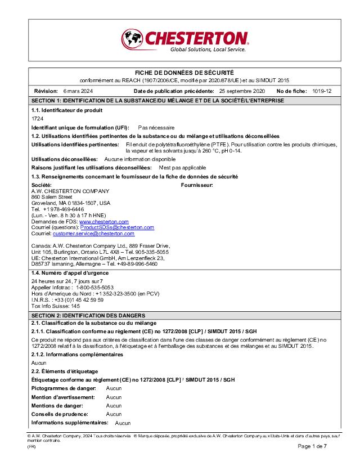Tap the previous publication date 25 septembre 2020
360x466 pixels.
(242, 91)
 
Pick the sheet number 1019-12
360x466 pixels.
(322, 91)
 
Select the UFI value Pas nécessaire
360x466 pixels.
(156, 128)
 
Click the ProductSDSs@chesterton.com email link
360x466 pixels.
(117, 227)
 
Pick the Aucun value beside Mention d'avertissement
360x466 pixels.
(114, 397)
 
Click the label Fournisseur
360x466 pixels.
(197, 185)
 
